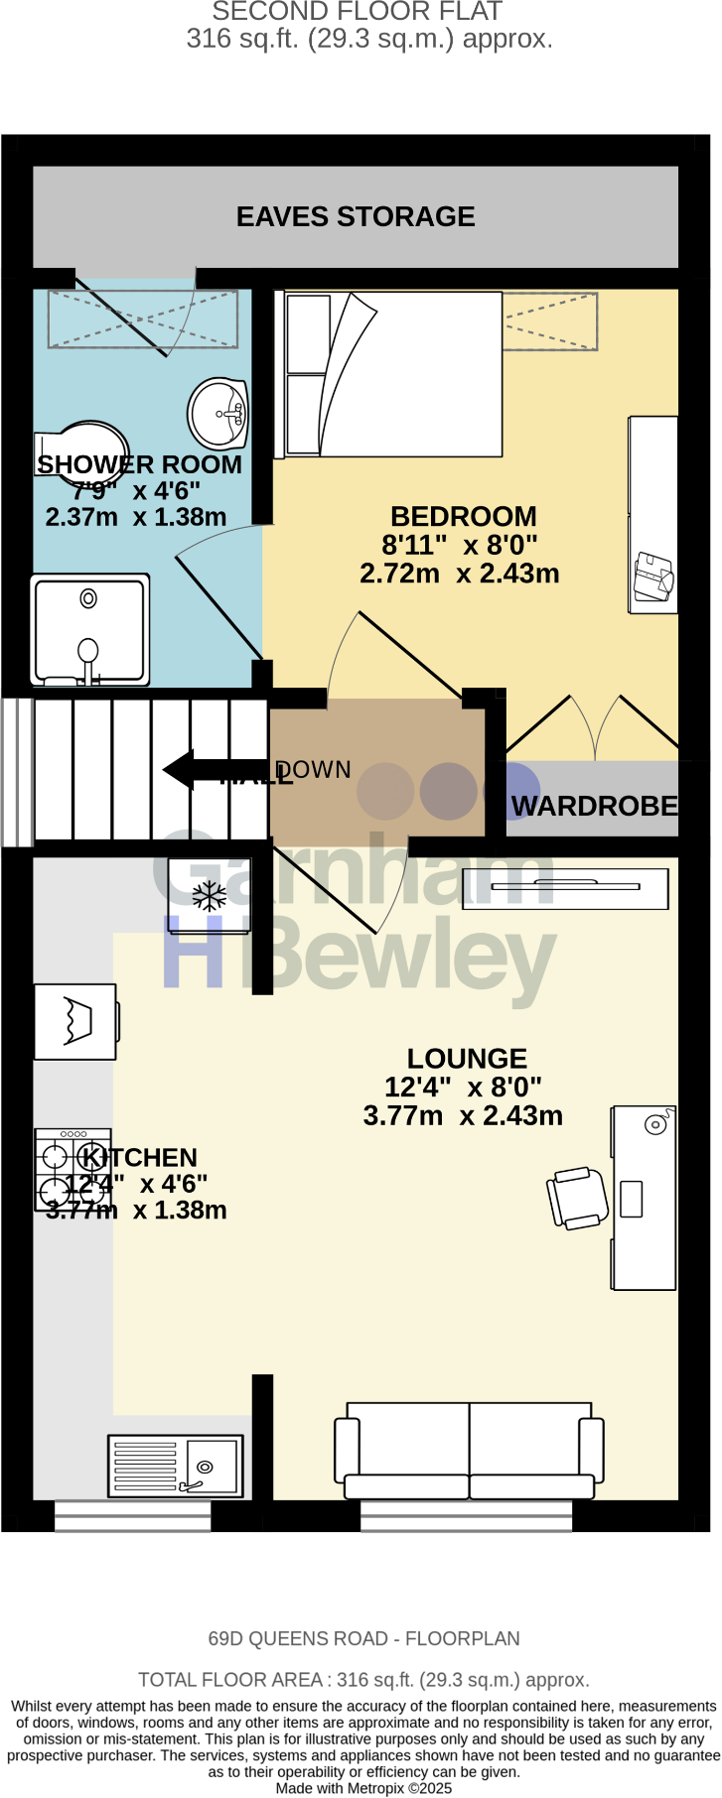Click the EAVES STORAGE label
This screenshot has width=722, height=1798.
coord(356,216)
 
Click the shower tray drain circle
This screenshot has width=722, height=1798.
coord(88,598)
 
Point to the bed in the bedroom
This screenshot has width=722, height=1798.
coord(392,374)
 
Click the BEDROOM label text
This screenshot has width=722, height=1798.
coord(463,517)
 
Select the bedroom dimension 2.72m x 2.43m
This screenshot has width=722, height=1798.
coord(459,574)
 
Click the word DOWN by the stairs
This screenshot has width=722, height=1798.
coord(315,770)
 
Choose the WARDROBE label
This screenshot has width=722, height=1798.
coord(594,806)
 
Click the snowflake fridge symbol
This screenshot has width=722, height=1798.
coord(210,896)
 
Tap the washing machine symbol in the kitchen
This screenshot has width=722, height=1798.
coord(75,1021)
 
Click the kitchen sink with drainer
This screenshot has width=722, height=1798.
coord(176,1466)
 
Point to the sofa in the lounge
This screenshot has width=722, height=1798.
coord(469,1451)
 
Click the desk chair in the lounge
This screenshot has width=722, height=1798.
coord(577,1198)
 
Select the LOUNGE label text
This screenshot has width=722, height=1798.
coord(467,1059)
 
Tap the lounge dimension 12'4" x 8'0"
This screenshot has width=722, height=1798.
coord(463,1088)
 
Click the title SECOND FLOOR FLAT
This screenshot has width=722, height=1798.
coord(358,12)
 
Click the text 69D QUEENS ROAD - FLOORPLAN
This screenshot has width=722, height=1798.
coord(363,1639)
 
